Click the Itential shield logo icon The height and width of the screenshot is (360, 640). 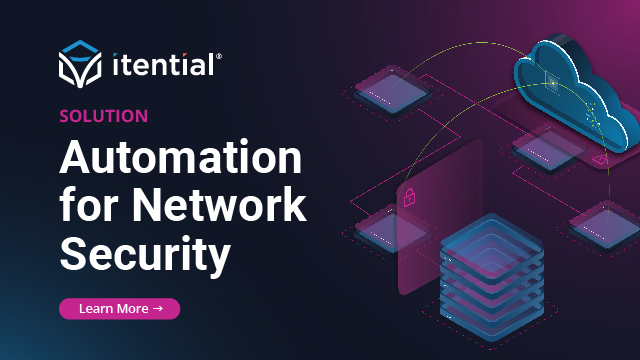(79, 63)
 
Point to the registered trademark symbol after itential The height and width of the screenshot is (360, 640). (219, 58)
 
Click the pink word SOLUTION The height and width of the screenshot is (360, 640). (104, 116)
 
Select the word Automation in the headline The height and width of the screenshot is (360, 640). (180, 158)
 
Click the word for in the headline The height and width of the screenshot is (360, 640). (91, 205)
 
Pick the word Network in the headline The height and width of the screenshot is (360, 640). (221, 205)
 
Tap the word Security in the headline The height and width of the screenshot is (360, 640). (145, 253)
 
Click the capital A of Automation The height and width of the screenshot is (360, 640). (77, 158)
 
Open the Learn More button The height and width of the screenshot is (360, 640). (120, 309)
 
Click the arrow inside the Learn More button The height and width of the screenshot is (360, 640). (157, 309)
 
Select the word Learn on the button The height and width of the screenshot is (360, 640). (97, 309)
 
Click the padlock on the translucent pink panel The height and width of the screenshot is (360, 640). (409, 198)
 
